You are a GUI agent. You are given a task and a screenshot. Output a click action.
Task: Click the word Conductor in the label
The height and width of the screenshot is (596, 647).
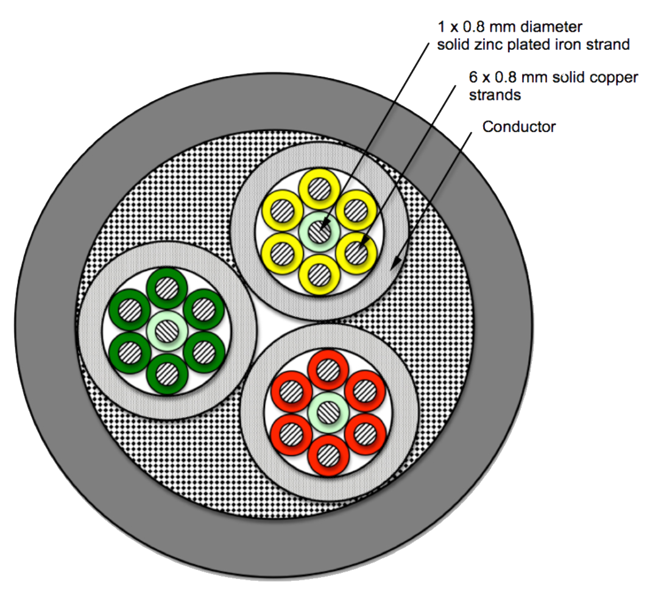518,127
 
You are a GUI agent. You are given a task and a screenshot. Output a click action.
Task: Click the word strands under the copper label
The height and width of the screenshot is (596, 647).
495,95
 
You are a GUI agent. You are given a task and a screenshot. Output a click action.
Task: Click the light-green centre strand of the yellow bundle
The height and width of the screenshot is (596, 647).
318,231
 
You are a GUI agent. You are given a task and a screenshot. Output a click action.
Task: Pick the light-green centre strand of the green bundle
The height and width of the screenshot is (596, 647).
165,331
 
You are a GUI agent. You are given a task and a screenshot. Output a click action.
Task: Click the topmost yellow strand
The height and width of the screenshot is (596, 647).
318,188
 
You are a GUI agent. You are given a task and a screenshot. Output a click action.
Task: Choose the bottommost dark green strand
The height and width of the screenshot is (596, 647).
165,373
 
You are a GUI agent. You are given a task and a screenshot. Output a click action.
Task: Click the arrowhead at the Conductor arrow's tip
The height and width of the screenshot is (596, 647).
395,263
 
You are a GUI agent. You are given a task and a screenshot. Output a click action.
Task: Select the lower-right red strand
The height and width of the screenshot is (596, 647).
365,433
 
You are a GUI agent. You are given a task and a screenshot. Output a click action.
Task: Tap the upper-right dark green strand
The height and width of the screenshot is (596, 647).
202,310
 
